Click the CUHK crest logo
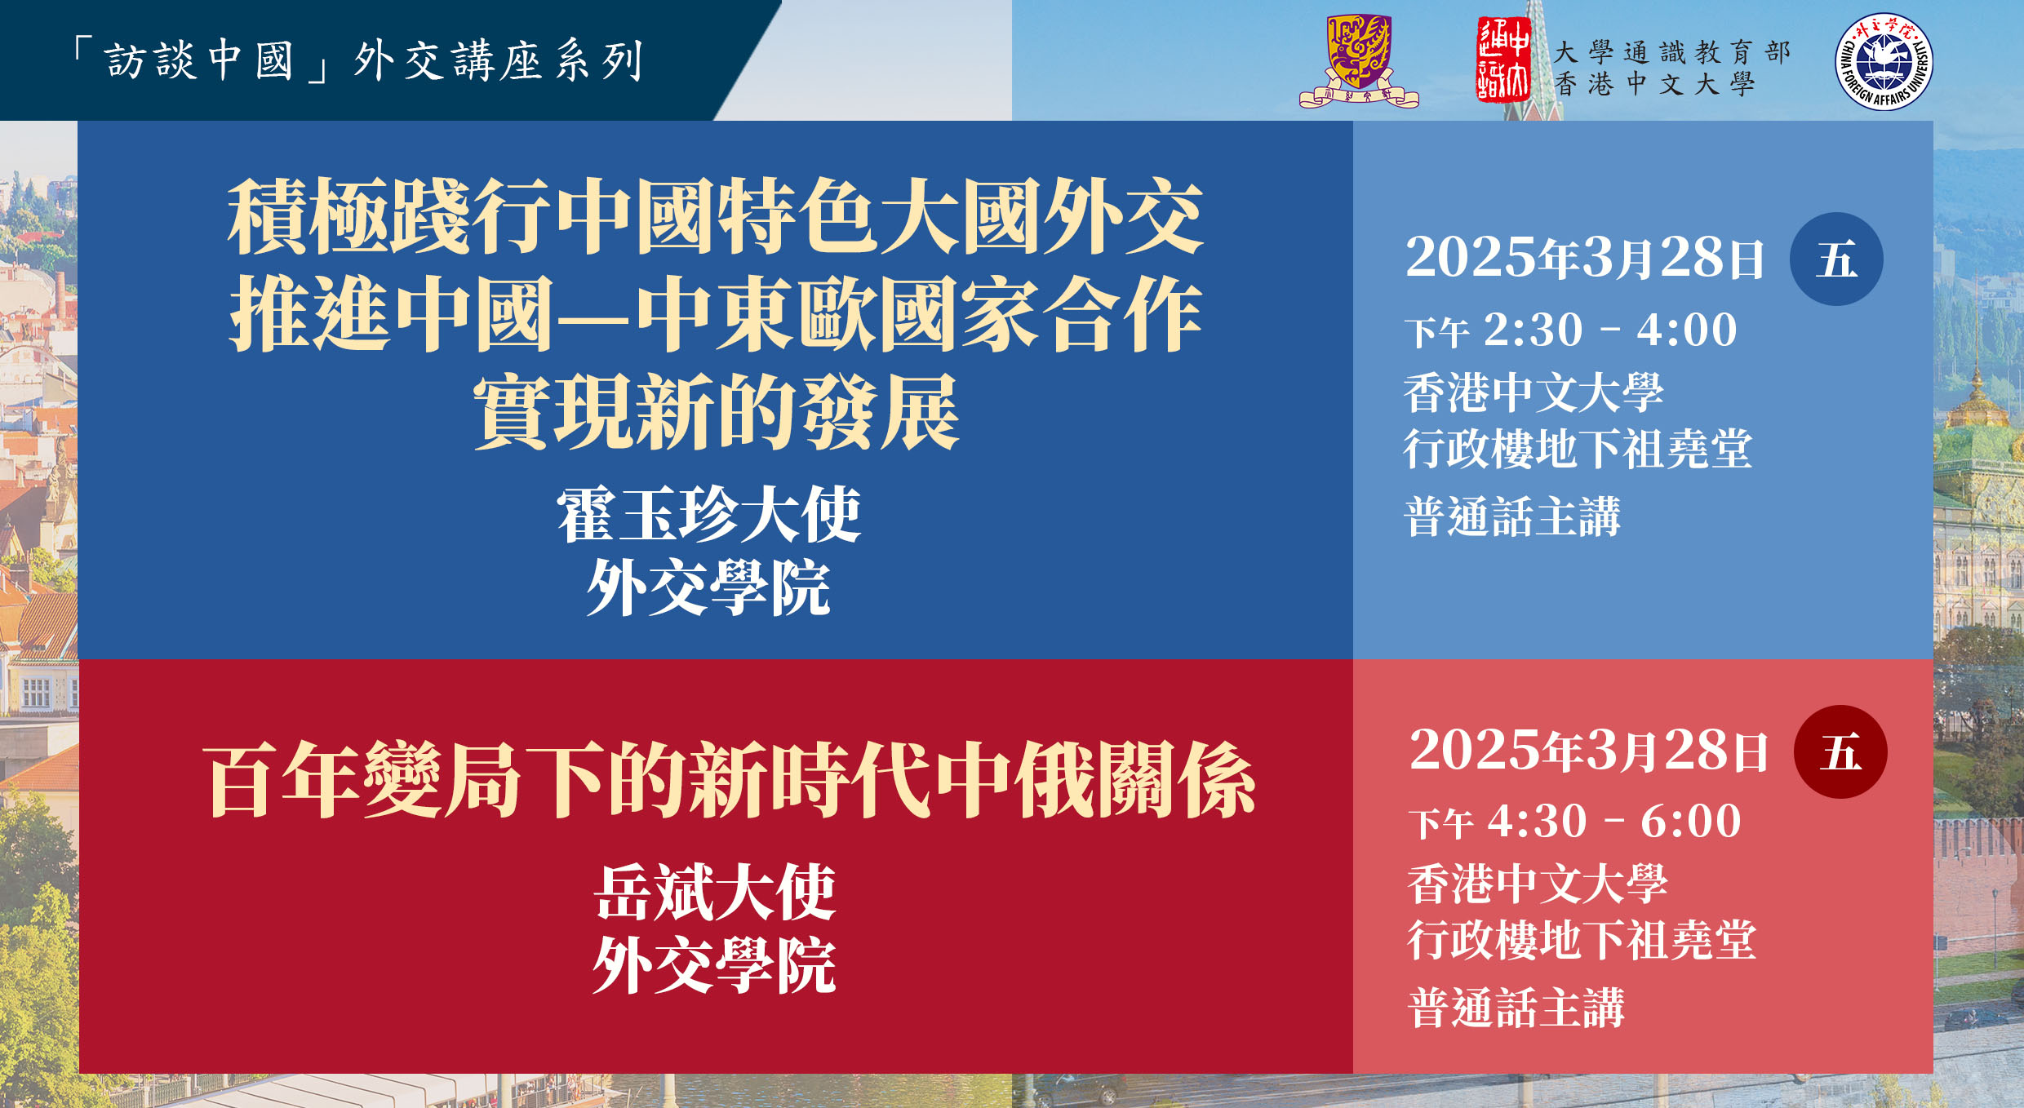click(1359, 61)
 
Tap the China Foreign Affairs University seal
click(1884, 61)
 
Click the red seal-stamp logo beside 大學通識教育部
click(1503, 60)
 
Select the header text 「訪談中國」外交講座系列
click(357, 61)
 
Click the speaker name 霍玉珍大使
click(708, 515)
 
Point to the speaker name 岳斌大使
click(714, 893)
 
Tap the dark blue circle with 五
click(1836, 259)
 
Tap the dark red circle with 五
click(1840, 752)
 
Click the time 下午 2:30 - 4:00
click(1570, 330)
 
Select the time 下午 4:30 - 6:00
click(1574, 822)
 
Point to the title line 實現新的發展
click(716, 412)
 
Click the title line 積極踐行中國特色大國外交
click(716, 216)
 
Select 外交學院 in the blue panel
click(708, 587)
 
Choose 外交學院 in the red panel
click(714, 965)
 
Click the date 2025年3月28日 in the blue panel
click(1584, 258)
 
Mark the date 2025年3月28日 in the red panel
click(1588, 750)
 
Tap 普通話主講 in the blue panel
click(1512, 516)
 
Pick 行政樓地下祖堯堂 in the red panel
click(1582, 941)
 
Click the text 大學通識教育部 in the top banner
click(1672, 52)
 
